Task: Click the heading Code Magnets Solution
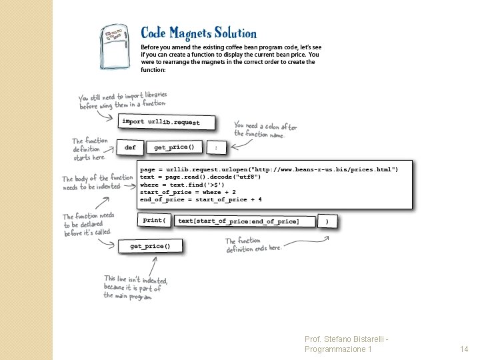(198, 33)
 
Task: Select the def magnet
(130, 147)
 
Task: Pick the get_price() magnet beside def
(174, 147)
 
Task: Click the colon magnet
(215, 147)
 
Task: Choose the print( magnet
(155, 220)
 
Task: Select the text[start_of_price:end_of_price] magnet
(239, 221)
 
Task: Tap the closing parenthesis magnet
(326, 221)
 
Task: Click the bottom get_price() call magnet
(150, 247)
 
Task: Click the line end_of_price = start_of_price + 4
(201, 199)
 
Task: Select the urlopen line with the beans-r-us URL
(269, 170)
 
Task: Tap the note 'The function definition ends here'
(253, 245)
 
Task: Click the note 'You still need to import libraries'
(123, 100)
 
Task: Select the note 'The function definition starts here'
(89, 149)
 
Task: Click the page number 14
(465, 349)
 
